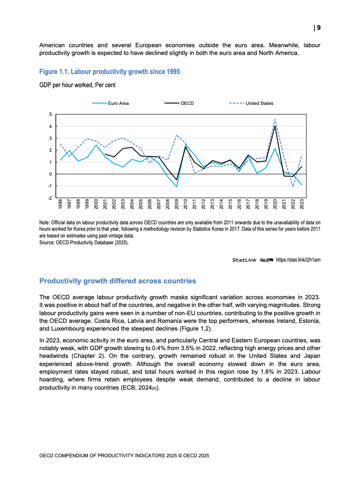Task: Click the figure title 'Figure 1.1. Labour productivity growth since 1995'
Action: click(109, 72)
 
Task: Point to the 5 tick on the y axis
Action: click(51, 114)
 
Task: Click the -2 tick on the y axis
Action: click(50, 198)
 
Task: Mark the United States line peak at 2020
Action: click(275, 119)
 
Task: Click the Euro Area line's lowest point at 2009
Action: click(177, 187)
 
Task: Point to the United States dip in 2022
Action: click(293, 186)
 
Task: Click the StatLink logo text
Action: click(245, 260)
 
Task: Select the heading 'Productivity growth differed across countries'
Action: click(118, 281)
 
